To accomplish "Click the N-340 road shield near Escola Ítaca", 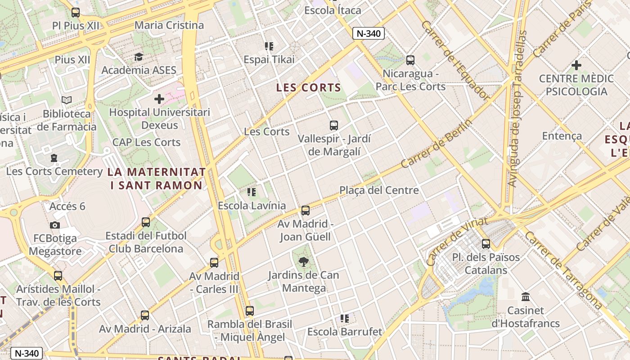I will pos(369,33).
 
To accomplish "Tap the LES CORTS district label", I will pos(309,88).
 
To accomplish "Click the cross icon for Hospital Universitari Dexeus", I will pos(159,99).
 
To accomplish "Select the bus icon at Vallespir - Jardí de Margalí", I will pos(333,126).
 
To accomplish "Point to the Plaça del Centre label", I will pos(379,190).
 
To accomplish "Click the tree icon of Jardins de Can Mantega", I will pos(304,262).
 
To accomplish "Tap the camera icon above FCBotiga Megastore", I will pos(55,225).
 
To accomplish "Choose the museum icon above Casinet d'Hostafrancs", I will pos(525,297).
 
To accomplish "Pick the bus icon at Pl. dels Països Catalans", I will pos(486,244).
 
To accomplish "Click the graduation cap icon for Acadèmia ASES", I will pos(139,57).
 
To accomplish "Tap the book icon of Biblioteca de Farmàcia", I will pos(67,100).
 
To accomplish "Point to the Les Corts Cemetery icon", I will pos(54,158).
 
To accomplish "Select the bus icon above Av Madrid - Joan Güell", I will pos(306,210).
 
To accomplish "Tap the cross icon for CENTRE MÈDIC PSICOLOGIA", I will pos(576,65).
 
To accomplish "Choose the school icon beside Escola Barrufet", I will pos(345,319).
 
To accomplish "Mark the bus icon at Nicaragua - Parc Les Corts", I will pos(410,60).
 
